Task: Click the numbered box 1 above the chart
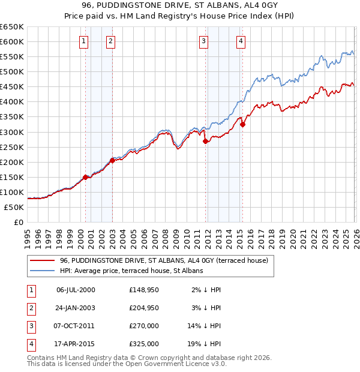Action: (83, 41)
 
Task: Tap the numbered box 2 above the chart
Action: (111, 41)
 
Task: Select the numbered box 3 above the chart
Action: (204, 41)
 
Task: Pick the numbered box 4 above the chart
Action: (241, 41)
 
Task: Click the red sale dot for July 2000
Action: (85, 177)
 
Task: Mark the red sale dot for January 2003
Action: (112, 160)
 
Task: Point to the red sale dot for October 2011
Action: (205, 141)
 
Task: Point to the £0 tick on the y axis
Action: (18, 222)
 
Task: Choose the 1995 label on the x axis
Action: (28, 235)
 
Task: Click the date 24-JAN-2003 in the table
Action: (76, 308)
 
